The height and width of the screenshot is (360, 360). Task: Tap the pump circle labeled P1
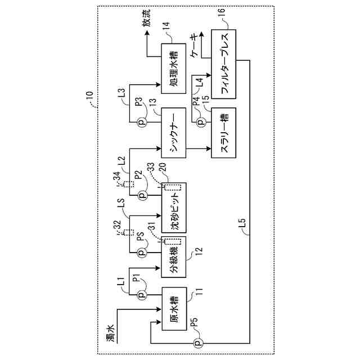click(142, 294)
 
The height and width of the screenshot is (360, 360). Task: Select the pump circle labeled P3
click(142, 121)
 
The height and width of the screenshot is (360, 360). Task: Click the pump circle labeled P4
click(200, 120)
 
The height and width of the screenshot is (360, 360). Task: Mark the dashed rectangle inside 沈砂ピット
click(173, 189)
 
